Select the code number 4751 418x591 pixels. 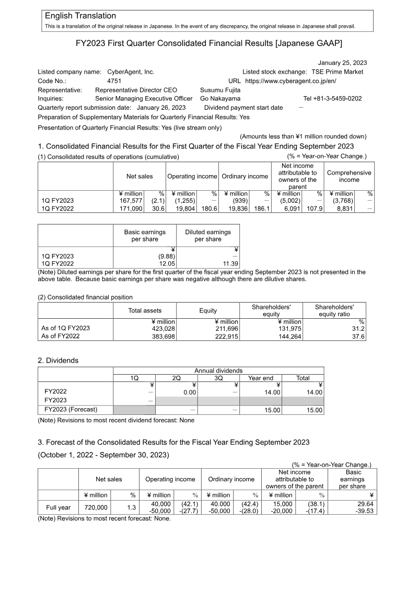114,81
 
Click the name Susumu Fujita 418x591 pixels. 220,90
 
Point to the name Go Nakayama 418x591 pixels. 220,98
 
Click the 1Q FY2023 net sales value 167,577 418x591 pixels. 130,201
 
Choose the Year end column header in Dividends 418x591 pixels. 261,378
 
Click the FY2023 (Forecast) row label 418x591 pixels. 71,409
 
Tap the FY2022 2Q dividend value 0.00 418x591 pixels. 188,392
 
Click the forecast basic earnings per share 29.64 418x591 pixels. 363,503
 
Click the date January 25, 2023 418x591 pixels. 342,63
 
